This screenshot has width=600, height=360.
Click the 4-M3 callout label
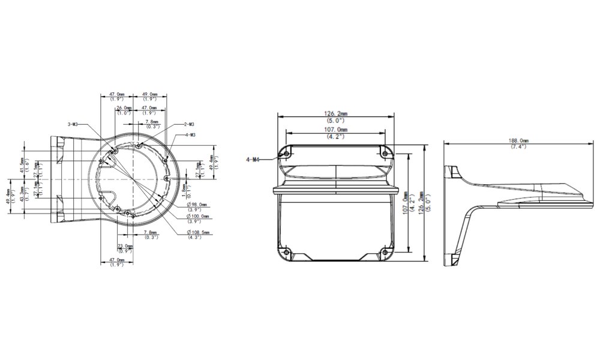[x=193, y=135]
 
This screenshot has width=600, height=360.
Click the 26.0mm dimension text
[x=124, y=108]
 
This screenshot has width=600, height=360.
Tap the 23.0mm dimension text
[x=125, y=246]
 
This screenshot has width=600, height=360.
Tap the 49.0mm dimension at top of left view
[x=149, y=94]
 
